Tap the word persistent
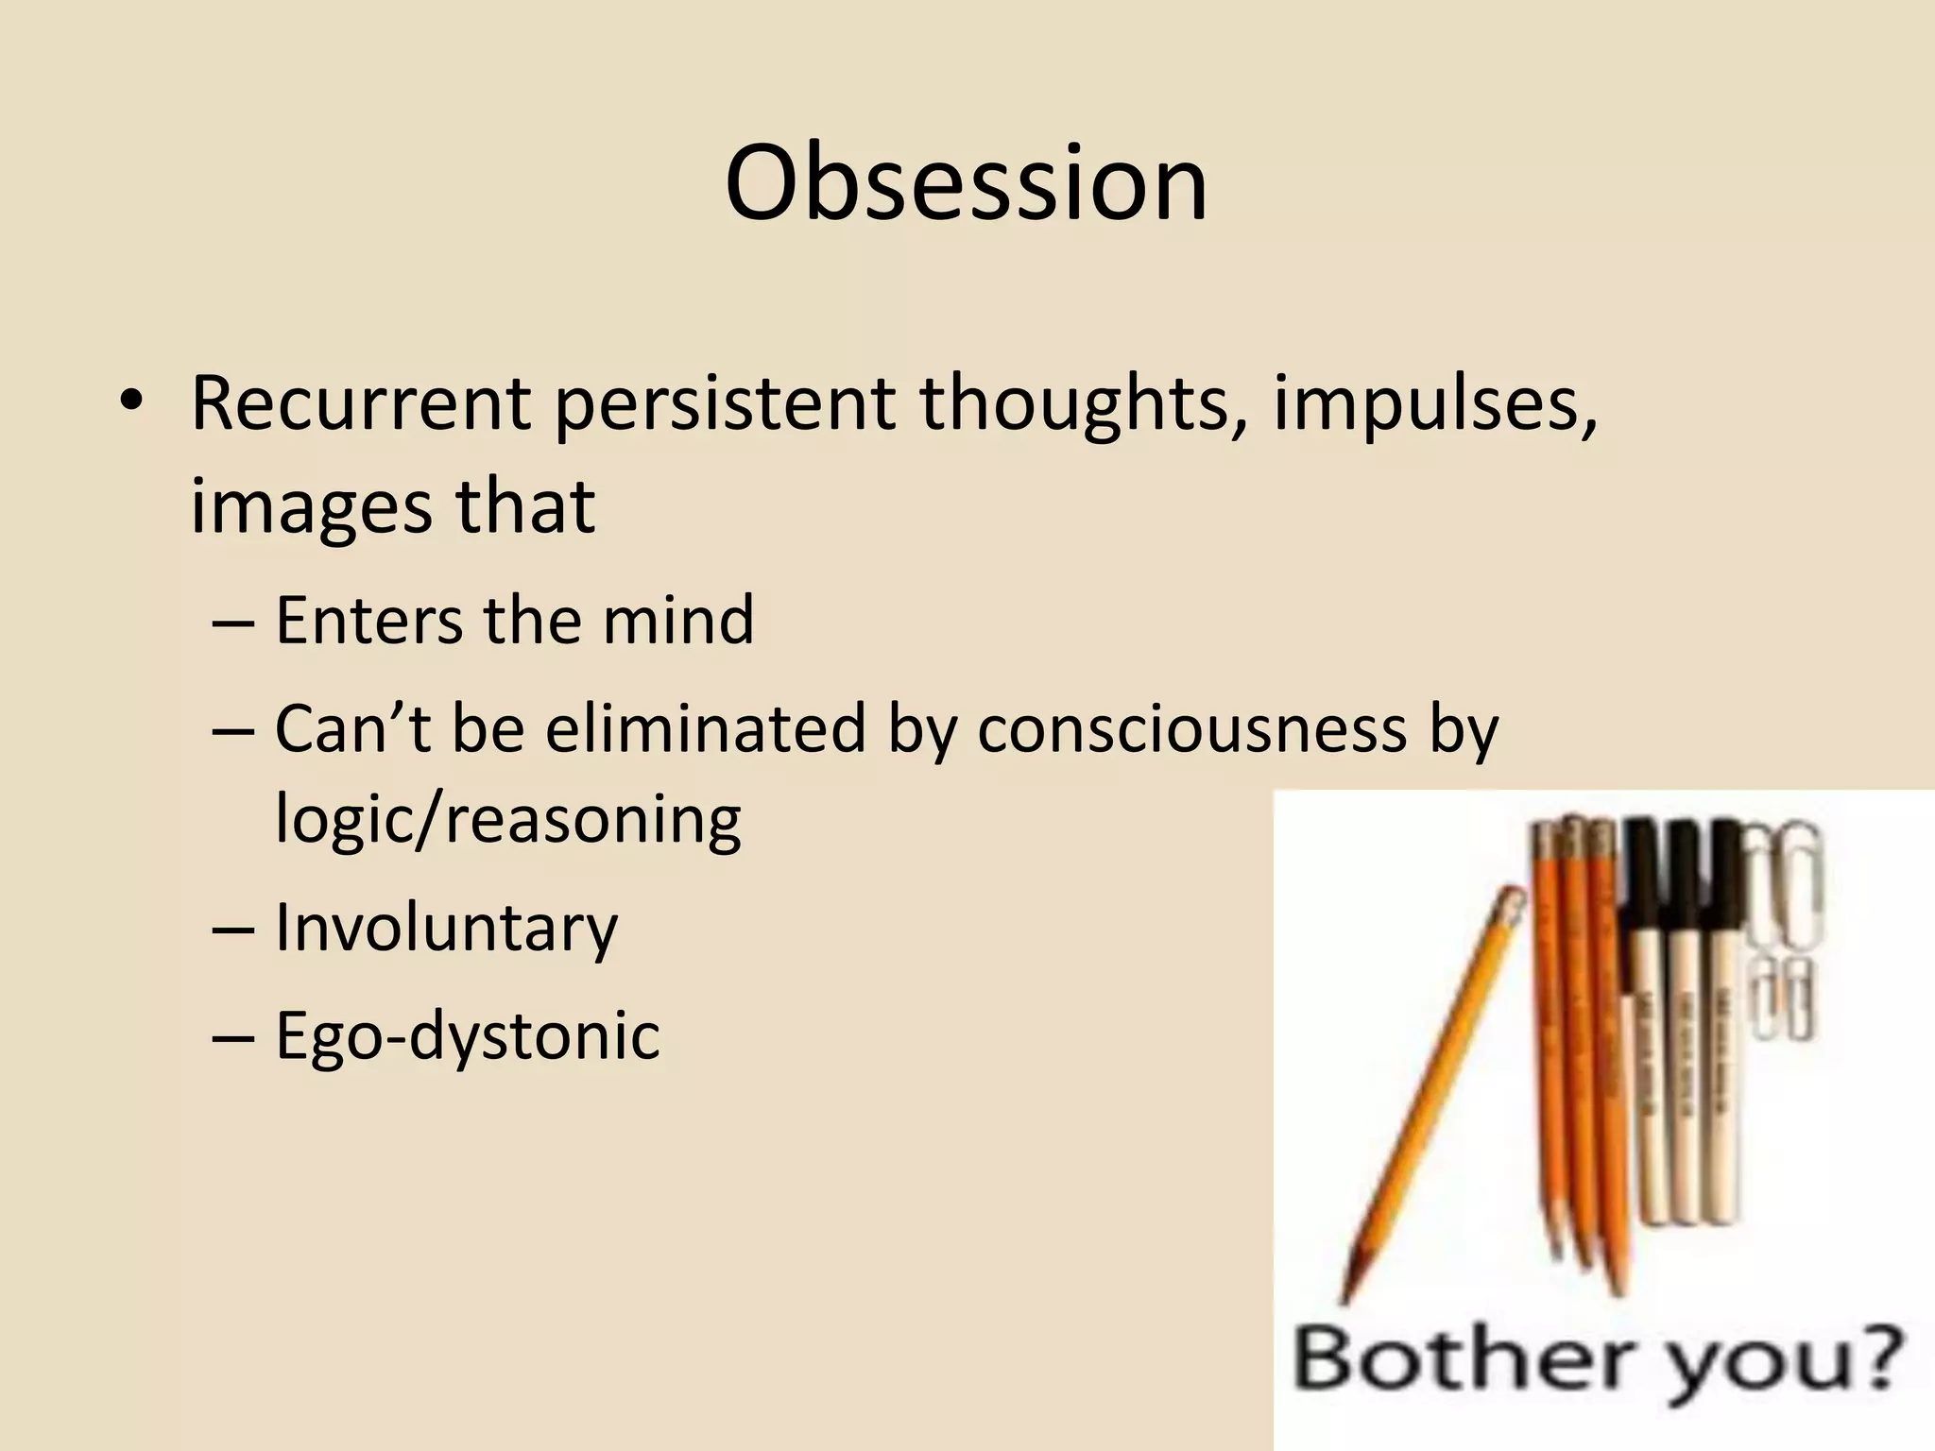pyautogui.click(x=724, y=403)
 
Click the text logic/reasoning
pyautogui.click(x=507, y=819)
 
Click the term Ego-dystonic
pyautogui.click(x=467, y=1035)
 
